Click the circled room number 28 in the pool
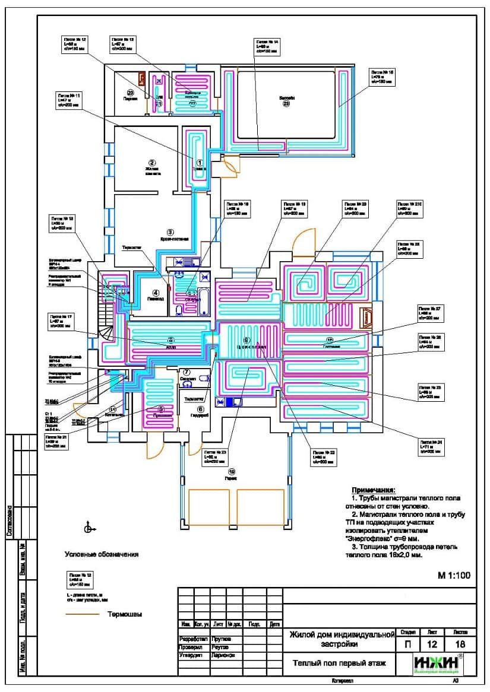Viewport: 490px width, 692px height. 286,104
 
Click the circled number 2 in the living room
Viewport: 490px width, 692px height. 152,163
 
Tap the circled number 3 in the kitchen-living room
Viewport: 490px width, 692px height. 170,232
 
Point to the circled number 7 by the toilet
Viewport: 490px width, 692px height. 186,372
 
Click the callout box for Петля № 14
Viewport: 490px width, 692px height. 267,46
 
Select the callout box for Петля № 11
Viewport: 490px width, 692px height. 69,100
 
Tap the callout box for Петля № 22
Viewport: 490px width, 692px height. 323,456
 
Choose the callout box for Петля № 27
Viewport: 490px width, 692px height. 431,313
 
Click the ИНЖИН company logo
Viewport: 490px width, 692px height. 437,664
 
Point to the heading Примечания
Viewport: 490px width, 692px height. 373,490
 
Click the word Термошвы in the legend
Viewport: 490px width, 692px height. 125,614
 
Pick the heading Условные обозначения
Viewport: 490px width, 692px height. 102,554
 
